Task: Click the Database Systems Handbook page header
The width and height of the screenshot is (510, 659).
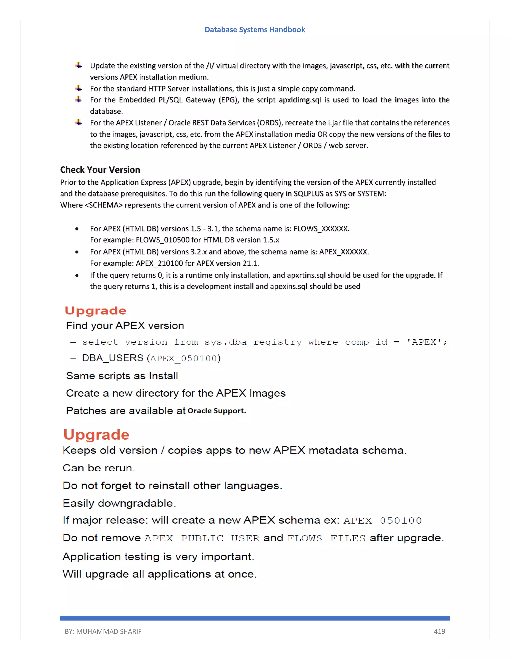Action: [255, 30]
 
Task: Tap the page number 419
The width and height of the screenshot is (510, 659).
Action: [439, 631]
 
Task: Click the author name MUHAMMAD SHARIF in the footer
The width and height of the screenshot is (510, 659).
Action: [109, 631]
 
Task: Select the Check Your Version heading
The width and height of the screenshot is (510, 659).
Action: [100, 170]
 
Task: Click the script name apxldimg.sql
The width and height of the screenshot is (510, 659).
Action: [300, 100]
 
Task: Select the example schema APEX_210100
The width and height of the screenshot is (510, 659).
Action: [159, 263]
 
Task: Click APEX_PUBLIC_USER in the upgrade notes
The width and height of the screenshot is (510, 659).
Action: [202, 538]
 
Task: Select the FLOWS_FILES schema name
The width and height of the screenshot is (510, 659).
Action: [326, 538]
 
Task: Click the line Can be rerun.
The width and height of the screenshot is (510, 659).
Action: [99, 468]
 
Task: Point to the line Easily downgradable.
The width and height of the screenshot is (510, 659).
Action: [119, 503]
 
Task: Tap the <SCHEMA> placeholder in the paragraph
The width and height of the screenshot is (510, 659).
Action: [104, 205]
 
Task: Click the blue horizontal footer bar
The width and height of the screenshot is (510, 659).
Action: [255, 618]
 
